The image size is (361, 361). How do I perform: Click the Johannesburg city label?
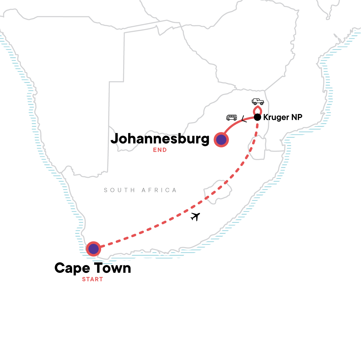160,139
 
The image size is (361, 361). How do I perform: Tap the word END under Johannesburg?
160,150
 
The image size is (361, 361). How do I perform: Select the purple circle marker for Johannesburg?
221,140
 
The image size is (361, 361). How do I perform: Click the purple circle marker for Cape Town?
94,249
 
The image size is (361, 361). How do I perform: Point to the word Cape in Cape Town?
72,268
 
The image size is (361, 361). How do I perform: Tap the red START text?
92,279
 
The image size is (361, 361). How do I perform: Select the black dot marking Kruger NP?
257,117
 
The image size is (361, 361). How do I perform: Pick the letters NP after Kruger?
296,117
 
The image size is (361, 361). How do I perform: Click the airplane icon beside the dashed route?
196,216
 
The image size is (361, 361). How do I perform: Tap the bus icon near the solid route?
232,118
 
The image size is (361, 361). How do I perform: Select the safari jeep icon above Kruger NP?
258,101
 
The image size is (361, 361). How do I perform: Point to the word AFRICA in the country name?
159,190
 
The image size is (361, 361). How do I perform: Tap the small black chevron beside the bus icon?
244,119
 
